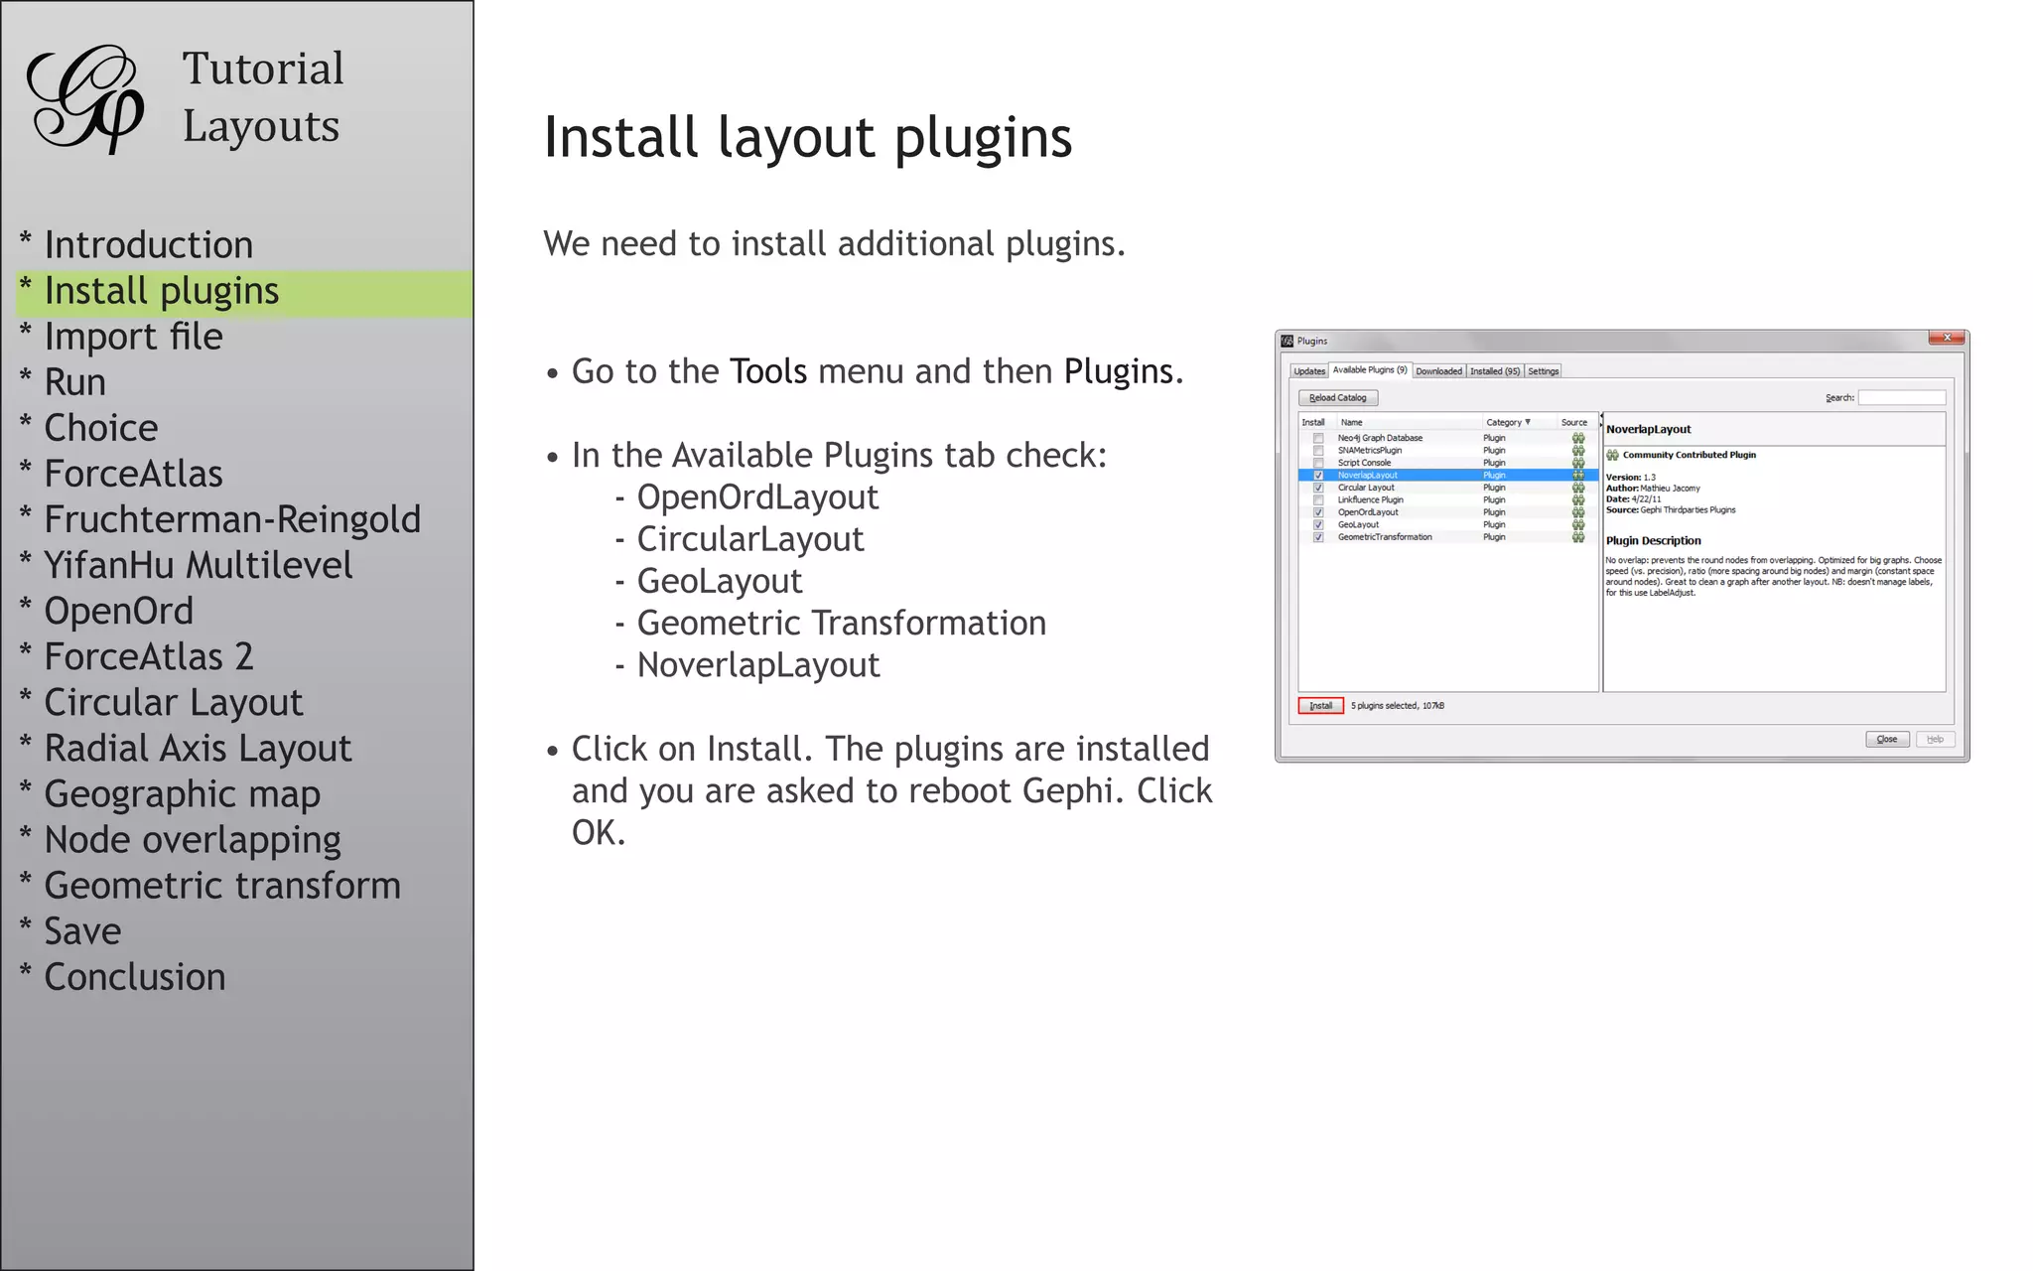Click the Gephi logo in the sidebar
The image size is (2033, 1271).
(85, 99)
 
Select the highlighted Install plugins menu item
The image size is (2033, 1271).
(161, 292)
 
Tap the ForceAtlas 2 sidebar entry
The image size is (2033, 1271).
(149, 657)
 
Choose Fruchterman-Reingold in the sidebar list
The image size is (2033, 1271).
(232, 520)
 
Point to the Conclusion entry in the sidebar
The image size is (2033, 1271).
(135, 978)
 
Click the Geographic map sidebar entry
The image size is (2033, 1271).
(183, 794)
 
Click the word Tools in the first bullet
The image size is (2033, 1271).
(768, 372)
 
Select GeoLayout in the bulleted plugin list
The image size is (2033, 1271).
(720, 582)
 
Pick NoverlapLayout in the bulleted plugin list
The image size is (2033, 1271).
(758, 665)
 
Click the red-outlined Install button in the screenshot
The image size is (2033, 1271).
(1320, 706)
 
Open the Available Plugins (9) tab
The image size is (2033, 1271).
(1370, 370)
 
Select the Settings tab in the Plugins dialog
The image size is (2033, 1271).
(1543, 371)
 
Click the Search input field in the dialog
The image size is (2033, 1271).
(1901, 398)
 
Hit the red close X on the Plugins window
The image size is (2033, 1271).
(1947, 339)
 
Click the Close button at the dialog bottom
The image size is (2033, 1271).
(1886, 740)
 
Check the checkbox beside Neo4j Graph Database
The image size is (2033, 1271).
(1318, 438)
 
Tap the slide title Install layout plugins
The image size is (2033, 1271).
(808, 138)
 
